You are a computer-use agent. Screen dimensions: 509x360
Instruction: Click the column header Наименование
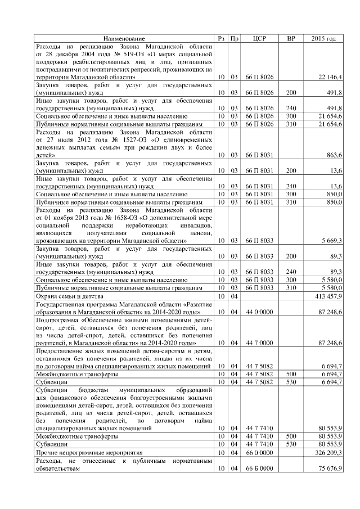(x=124, y=38)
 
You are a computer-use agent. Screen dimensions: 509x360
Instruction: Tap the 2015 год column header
(x=323, y=38)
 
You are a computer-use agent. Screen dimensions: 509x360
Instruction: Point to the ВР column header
(x=291, y=38)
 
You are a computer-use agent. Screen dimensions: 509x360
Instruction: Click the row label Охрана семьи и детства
(x=69, y=295)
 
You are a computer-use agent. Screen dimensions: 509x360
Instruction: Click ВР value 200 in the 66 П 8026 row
(x=291, y=92)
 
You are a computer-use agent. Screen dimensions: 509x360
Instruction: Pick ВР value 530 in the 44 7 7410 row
(x=291, y=444)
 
